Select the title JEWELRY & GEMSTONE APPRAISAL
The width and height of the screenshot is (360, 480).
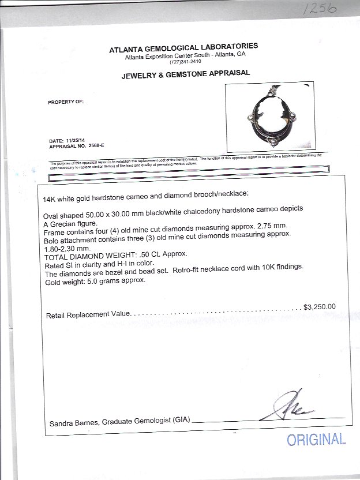click(x=185, y=73)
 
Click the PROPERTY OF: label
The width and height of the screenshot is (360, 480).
click(x=66, y=101)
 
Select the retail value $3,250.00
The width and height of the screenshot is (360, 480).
click(x=319, y=307)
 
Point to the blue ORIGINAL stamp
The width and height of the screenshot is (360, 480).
click(x=317, y=440)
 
